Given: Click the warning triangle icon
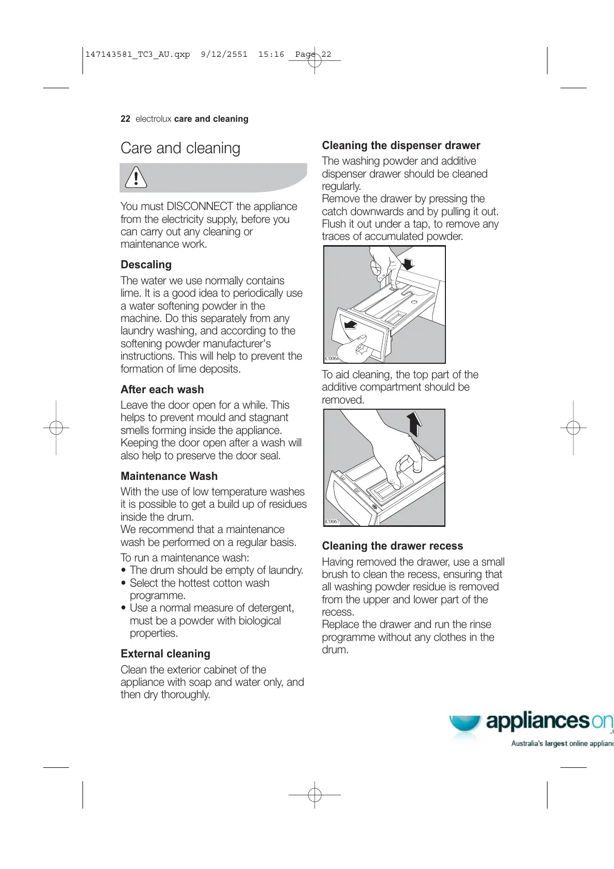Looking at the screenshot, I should click(x=136, y=178).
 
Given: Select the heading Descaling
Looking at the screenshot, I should click(x=146, y=265).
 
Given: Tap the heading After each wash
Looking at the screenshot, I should click(x=162, y=390).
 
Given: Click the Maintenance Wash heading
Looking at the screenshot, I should click(x=169, y=476).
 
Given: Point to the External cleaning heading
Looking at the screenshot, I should click(x=165, y=654).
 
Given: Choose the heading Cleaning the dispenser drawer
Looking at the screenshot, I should click(x=401, y=146).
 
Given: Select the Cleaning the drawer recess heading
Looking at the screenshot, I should click(x=392, y=546).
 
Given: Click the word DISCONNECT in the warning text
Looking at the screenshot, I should click(x=200, y=206).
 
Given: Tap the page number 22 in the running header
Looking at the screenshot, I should click(x=125, y=119).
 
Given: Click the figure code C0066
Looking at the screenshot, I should click(x=332, y=358).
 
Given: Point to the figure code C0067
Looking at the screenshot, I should click(x=333, y=521).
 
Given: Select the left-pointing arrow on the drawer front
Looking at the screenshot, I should click(x=351, y=325).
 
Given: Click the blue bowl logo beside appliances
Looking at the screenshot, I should click(x=464, y=723).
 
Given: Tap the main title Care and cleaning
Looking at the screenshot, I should click(x=180, y=148).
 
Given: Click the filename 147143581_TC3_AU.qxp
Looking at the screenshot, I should click(x=137, y=54).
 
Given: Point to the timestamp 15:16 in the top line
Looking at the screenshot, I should click(x=271, y=54).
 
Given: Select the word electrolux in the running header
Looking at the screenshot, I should click(x=153, y=119).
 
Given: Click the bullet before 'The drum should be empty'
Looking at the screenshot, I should click(x=124, y=571).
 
